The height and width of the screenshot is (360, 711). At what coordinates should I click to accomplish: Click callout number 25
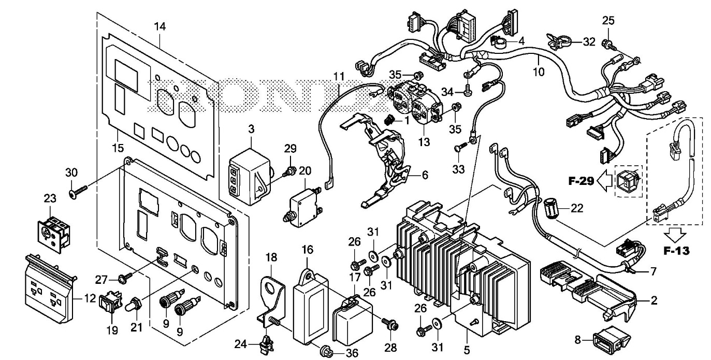[x=608, y=21]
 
